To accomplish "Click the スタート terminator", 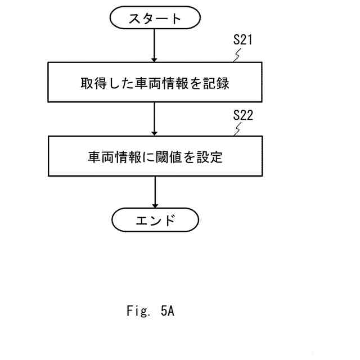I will click(155, 19).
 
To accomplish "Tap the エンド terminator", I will click(155, 219).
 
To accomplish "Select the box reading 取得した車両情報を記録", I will click(155, 83).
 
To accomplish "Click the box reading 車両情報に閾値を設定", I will click(155, 157).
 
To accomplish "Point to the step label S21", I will click(244, 41).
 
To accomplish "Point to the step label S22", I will click(244, 116).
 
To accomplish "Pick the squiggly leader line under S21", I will click(239, 55).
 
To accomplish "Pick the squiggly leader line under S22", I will click(239, 129).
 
